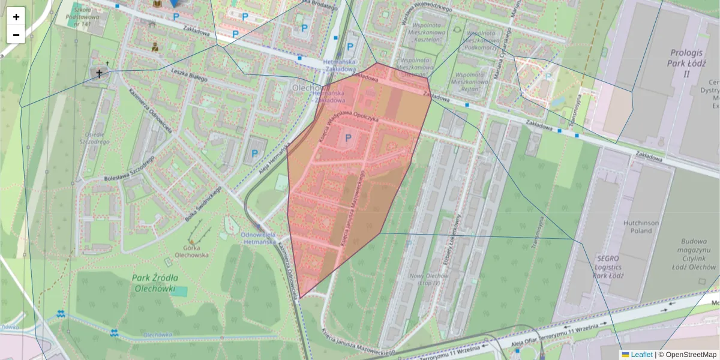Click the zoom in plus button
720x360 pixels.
(x=16, y=17)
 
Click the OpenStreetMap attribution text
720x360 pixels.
(x=691, y=355)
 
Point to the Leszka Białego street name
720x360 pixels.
(x=189, y=75)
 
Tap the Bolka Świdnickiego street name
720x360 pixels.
(x=203, y=204)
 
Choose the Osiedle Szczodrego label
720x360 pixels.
(x=97, y=138)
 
